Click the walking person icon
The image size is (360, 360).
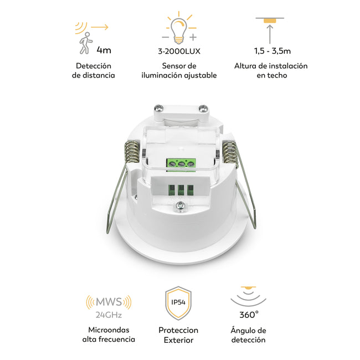(86, 43)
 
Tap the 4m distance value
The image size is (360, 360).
(104, 50)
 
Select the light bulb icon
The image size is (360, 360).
(179, 31)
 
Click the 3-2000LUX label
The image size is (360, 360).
(179, 51)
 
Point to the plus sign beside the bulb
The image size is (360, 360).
(193, 37)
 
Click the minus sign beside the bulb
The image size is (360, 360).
(165, 37)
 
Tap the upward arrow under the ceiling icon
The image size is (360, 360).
(270, 34)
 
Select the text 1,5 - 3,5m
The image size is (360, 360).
(272, 51)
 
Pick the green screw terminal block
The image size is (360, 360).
(181, 163)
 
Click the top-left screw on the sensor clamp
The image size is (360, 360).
(158, 108)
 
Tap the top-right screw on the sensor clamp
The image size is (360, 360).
(203, 108)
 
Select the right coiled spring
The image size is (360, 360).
(230, 152)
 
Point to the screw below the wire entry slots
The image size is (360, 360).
(181, 205)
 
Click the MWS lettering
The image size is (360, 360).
(109, 302)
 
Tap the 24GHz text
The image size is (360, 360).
(109, 315)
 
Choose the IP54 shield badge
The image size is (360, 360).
(178, 303)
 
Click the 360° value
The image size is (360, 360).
(249, 315)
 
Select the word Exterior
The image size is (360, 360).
(179, 340)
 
